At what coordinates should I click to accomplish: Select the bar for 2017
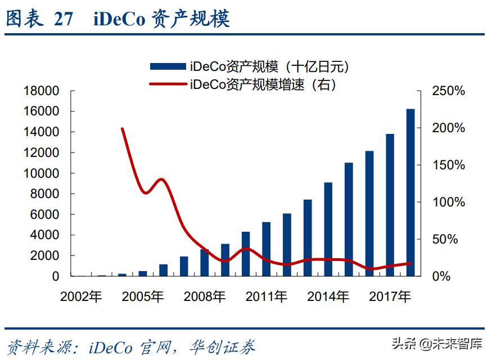[x=390, y=205]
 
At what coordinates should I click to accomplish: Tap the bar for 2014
[x=328, y=229]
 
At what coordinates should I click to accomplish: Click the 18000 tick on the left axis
[x=41, y=91]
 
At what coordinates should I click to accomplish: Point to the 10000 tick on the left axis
[x=41, y=173]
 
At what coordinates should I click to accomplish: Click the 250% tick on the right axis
[x=448, y=91]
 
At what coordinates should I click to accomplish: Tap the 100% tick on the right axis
[x=448, y=202]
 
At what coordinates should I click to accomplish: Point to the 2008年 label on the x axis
[x=205, y=297]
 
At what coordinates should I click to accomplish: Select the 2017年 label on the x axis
[x=390, y=297]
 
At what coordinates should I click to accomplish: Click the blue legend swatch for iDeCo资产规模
[x=167, y=67]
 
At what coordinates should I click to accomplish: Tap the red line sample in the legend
[x=167, y=84]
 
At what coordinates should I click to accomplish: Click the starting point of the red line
[x=123, y=129]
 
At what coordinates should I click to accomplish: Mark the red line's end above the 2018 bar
[x=411, y=263]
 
